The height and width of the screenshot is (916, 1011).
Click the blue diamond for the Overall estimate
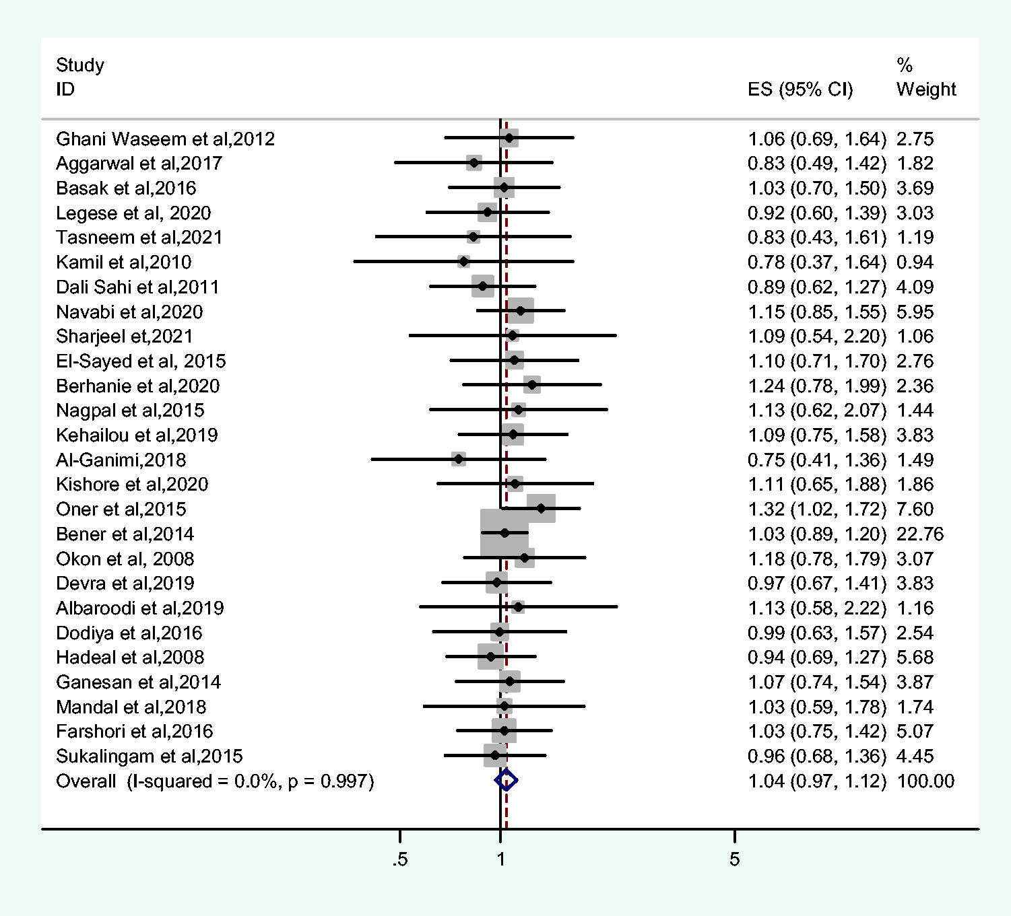pyautogui.click(x=507, y=781)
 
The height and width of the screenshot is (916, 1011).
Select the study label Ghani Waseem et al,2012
pyautogui.click(x=165, y=139)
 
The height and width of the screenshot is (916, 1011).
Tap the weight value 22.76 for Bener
pyautogui.click(x=920, y=534)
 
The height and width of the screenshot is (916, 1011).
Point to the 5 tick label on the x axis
pyautogui.click(x=734, y=859)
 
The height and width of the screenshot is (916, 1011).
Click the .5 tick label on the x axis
pyautogui.click(x=399, y=859)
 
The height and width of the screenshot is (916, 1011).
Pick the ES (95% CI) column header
pyautogui.click(x=800, y=90)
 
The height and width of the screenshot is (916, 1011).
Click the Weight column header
pyautogui.click(x=926, y=90)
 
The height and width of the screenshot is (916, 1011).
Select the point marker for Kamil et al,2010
pyautogui.click(x=463, y=262)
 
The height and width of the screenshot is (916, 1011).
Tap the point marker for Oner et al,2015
pyautogui.click(x=541, y=508)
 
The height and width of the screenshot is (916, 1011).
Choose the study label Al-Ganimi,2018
pyautogui.click(x=121, y=460)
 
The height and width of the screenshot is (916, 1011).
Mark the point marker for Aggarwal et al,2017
pyautogui.click(x=474, y=163)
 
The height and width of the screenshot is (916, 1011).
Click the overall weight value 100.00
pyautogui.click(x=926, y=781)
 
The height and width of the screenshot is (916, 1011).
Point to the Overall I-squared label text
pyautogui.click(x=216, y=781)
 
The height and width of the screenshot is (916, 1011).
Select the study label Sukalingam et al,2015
pyautogui.click(x=149, y=756)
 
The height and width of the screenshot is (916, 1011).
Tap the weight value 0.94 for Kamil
pyautogui.click(x=915, y=262)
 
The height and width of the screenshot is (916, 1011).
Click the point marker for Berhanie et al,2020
pyautogui.click(x=531, y=386)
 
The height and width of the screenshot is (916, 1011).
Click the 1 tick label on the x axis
pyautogui.click(x=500, y=859)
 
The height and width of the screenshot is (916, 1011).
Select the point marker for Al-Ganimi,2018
pyautogui.click(x=458, y=459)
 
